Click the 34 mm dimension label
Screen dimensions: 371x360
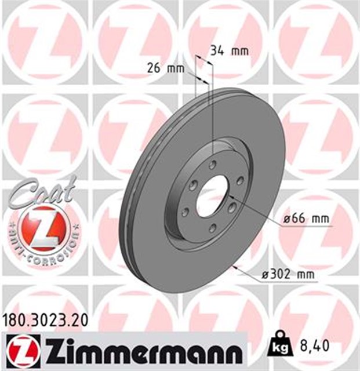(229, 50)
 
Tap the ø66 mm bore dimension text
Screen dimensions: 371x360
(305, 219)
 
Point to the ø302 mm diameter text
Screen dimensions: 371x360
(288, 275)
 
